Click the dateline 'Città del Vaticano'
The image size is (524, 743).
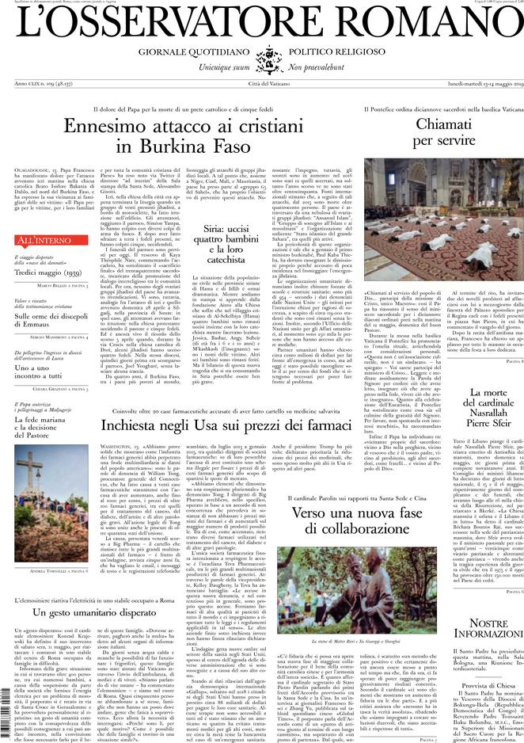262,83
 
